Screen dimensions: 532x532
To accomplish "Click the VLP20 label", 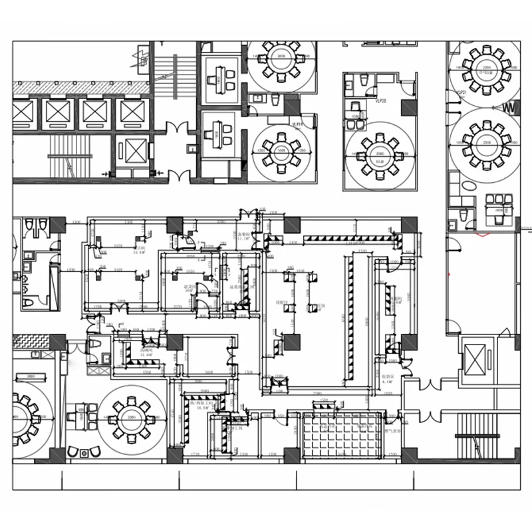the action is point(381,101).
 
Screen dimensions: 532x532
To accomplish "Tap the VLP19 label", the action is point(297,124).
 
